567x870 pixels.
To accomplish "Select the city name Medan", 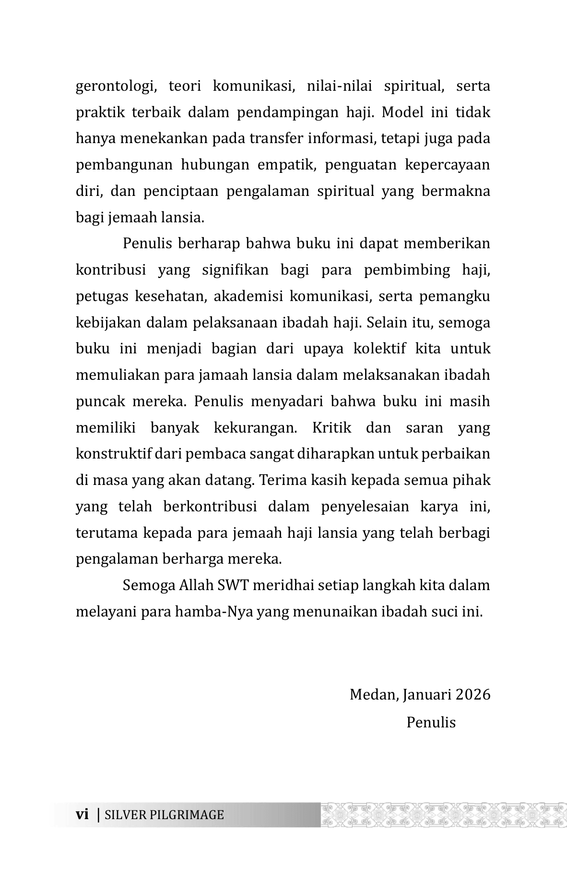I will click(373, 695).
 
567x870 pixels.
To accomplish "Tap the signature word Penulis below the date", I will click(430, 722).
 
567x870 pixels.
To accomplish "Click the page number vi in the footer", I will click(83, 815).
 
